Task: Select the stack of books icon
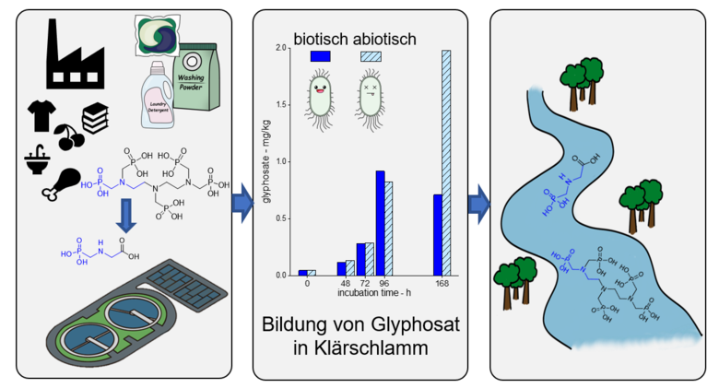point(95,118)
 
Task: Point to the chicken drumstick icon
point(61,182)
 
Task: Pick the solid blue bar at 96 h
point(379,222)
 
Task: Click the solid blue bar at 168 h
point(437,234)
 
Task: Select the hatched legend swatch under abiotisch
point(369,57)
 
